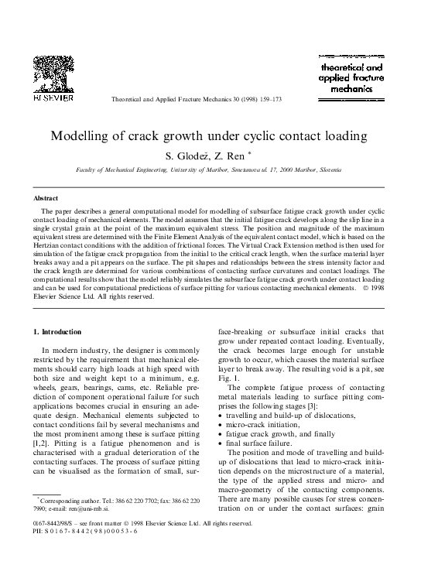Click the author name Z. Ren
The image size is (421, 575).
coord(233,155)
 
